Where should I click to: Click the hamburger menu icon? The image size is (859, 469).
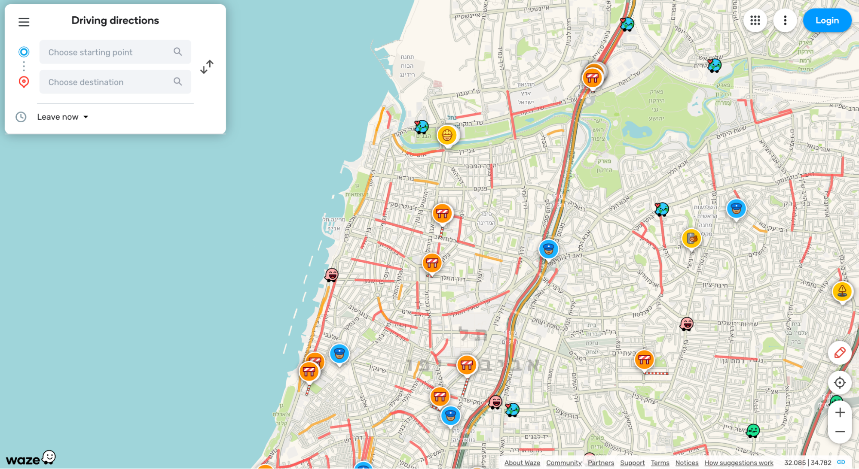coord(24,22)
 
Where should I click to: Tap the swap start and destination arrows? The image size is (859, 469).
coord(207,67)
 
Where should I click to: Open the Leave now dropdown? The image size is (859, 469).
coord(63,117)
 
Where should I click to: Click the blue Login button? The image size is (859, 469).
coord(827,21)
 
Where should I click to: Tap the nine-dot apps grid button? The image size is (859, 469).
coord(755,21)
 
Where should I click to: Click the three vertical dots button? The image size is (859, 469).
coord(785,21)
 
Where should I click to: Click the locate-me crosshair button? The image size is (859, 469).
coord(840,383)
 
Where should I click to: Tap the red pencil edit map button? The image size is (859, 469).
coord(840,353)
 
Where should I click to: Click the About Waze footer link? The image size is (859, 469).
coord(522,463)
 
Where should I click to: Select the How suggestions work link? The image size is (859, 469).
coord(739,463)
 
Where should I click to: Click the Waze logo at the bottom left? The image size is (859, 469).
coord(31,459)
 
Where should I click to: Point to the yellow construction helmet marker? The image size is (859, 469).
coord(447,135)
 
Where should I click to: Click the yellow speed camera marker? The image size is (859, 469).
coord(691,239)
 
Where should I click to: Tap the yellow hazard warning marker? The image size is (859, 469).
coord(842,291)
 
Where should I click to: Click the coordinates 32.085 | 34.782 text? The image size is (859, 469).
coord(807,463)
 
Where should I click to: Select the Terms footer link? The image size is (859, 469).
coord(660,463)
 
